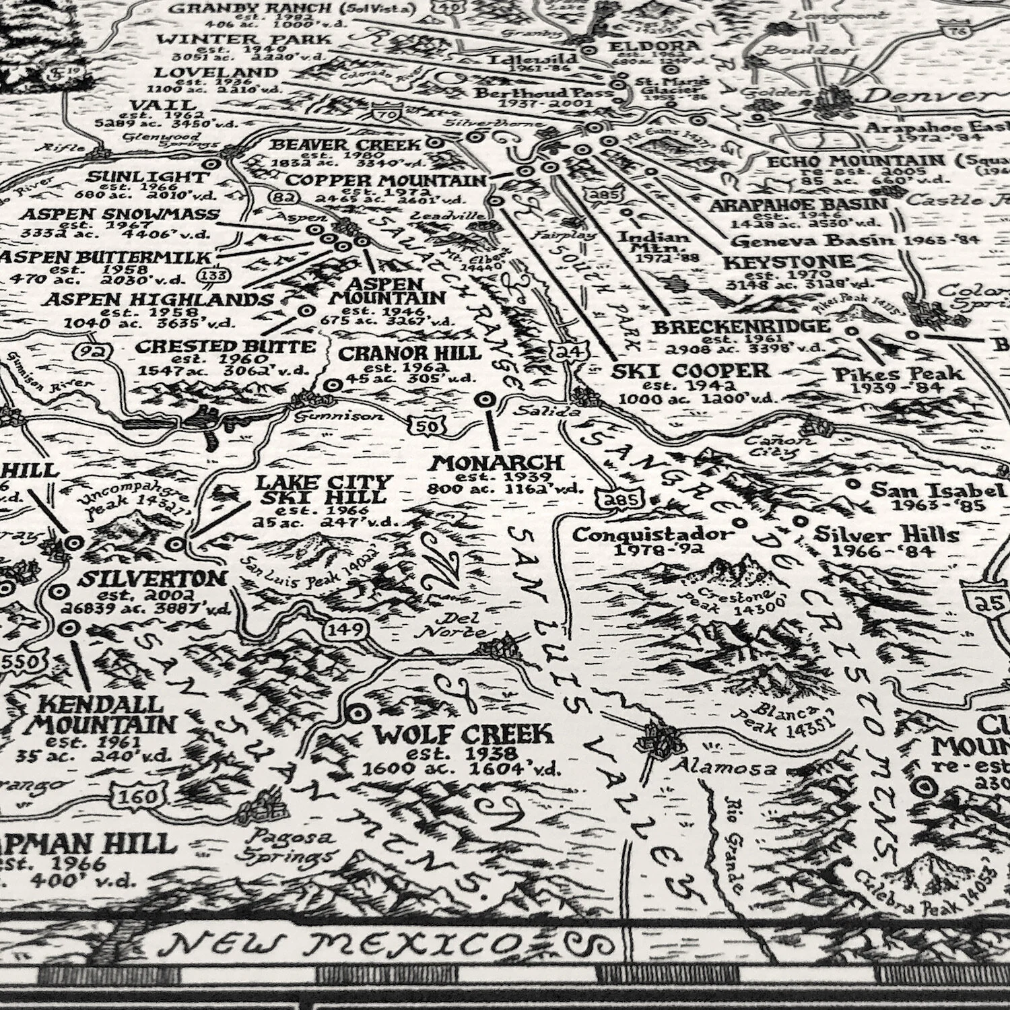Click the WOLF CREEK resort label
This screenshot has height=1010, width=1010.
tap(463, 734)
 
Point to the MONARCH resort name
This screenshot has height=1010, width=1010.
tap(497, 463)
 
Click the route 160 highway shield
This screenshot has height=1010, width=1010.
tap(137, 797)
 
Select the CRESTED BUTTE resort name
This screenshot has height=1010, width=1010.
tap(226, 347)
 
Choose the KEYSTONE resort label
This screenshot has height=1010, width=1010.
tap(780, 262)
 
